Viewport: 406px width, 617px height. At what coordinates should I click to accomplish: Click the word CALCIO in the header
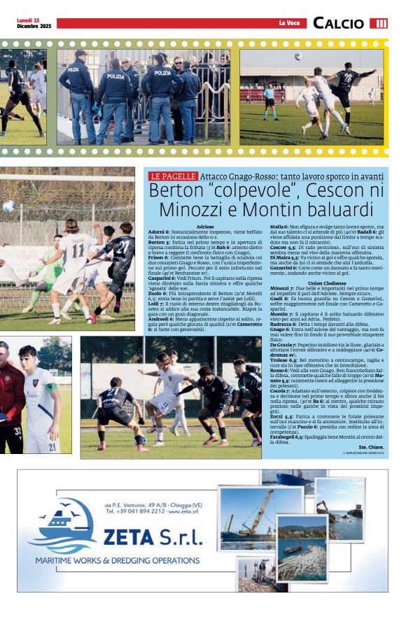point(338,24)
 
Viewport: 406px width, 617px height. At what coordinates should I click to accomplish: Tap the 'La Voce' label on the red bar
point(289,24)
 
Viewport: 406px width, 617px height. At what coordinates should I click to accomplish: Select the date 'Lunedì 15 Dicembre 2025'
point(34,23)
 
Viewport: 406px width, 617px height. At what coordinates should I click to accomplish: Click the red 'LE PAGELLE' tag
point(173,176)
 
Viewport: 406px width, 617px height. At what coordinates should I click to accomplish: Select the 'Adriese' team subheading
point(206,227)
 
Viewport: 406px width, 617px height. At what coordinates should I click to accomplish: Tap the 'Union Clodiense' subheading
point(326,283)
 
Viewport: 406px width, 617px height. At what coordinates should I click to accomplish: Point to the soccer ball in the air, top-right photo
point(298,57)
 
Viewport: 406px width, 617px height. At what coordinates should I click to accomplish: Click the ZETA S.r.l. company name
point(152,537)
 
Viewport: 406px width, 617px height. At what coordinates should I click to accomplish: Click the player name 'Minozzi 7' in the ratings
point(282,288)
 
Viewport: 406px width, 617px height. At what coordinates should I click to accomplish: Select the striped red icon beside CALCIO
point(379,24)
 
